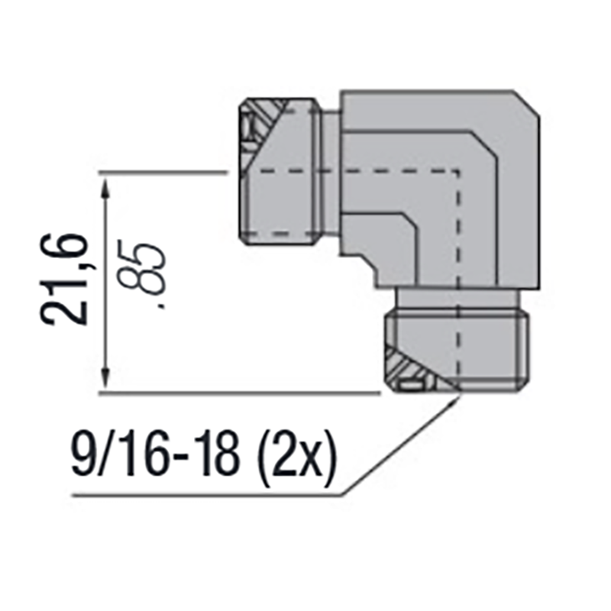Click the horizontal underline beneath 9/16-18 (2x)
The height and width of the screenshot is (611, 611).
[206, 494]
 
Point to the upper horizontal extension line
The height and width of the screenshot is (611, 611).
[164, 173]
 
